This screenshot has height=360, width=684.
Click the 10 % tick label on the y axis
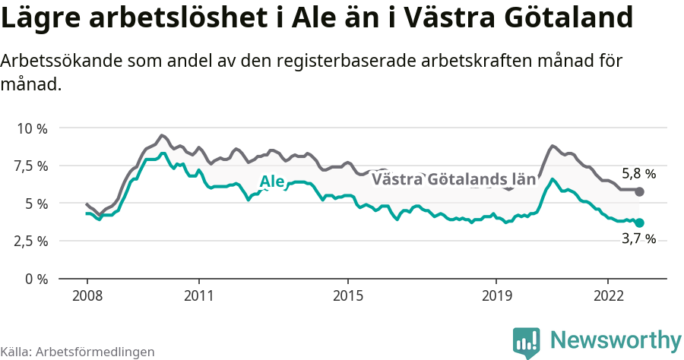click(x=32, y=128)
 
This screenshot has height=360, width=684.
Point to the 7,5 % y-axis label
click(x=31, y=166)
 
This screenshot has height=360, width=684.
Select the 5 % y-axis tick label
click(x=36, y=203)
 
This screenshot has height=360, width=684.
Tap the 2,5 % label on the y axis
click(x=31, y=241)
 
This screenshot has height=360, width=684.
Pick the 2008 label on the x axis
click(x=87, y=295)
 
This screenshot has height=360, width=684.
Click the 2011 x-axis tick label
click(x=198, y=295)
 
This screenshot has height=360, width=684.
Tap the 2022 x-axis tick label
click(x=608, y=295)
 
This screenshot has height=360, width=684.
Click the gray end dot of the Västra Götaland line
click(x=639, y=191)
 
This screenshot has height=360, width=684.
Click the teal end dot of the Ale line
click(x=639, y=223)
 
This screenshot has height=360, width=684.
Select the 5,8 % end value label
click(x=638, y=173)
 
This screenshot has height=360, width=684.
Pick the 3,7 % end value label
click(x=638, y=239)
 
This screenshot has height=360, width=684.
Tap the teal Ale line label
click(x=272, y=181)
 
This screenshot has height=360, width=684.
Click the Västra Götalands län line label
click(x=454, y=180)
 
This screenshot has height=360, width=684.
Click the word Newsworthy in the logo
click(x=616, y=339)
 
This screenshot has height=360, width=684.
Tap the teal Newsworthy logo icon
click(x=527, y=343)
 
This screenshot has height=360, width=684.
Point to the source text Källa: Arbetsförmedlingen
click(x=78, y=352)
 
